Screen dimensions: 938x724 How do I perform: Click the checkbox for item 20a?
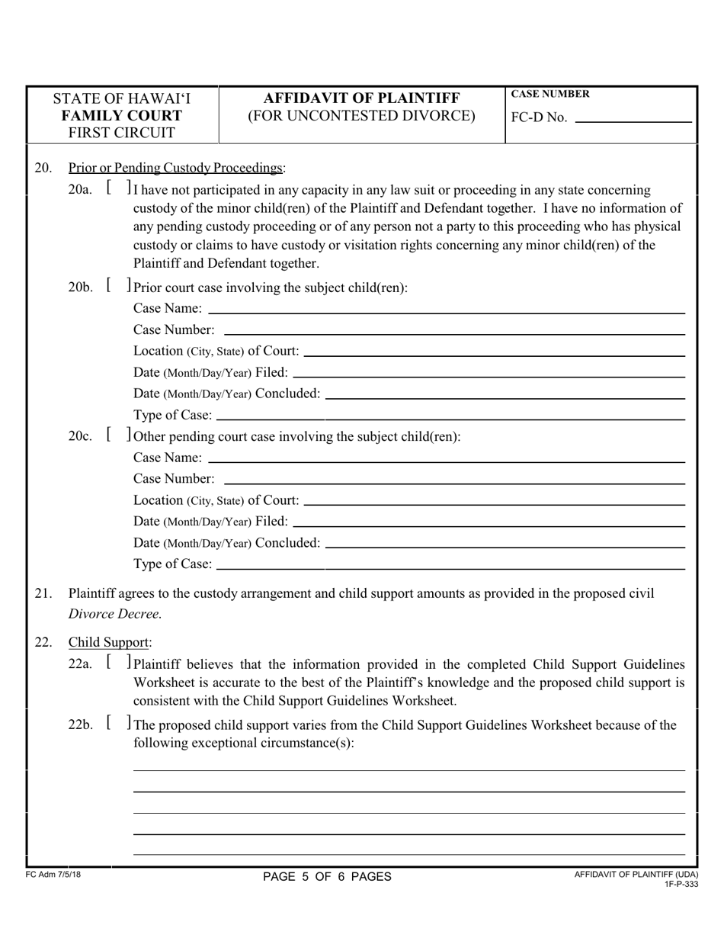pyautogui.click(x=118, y=188)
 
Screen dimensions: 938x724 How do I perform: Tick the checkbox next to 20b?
pyautogui.click(x=118, y=287)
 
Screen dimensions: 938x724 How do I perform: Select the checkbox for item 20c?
pyautogui.click(x=118, y=436)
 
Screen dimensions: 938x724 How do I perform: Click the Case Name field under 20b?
pyautogui.click(x=446, y=308)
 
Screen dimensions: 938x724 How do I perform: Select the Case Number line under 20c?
pyautogui.click(x=454, y=479)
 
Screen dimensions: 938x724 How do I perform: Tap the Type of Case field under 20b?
pyautogui.click(x=450, y=415)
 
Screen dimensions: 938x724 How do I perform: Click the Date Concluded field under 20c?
pyautogui.click(x=505, y=543)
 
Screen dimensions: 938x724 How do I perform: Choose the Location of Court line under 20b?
pyautogui.click(x=494, y=351)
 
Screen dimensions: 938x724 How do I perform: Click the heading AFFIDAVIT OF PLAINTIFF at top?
pyautogui.click(x=361, y=98)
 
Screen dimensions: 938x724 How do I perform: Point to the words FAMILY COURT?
pyautogui.click(x=122, y=116)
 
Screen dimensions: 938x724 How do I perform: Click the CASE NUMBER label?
pyautogui.click(x=549, y=94)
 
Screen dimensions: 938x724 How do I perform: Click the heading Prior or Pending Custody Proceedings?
pyautogui.click(x=176, y=168)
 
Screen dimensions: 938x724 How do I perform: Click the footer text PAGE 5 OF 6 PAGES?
pyautogui.click(x=327, y=876)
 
